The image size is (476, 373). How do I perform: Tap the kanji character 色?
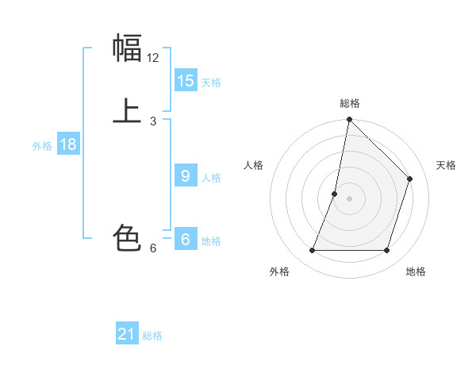coord(127,237)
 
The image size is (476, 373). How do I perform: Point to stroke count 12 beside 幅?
coord(153,58)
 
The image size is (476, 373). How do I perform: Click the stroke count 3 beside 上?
coord(153,121)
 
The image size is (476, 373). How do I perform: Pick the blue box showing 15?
coord(186,81)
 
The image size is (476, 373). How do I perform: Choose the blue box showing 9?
coord(186,176)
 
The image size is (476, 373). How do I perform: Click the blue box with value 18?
coord(67,144)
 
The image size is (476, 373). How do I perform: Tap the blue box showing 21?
coord(127,334)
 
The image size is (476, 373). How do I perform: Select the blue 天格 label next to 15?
coord(211,83)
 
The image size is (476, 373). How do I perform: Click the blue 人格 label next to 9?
coord(211,178)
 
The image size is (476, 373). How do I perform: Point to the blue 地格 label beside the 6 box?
coord(211,241)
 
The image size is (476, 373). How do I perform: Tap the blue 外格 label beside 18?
coord(42,146)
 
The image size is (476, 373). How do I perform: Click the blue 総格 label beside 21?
coord(152,336)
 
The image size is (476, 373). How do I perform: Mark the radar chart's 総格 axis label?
coord(350,103)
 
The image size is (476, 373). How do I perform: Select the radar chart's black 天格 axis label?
coord(446,165)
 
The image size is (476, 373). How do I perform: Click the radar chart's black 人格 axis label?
coord(253,165)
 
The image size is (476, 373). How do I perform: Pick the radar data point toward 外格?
coord(312,251)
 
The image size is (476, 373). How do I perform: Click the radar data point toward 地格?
coord(387,251)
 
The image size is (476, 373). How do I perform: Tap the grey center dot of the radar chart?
coord(349,198)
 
